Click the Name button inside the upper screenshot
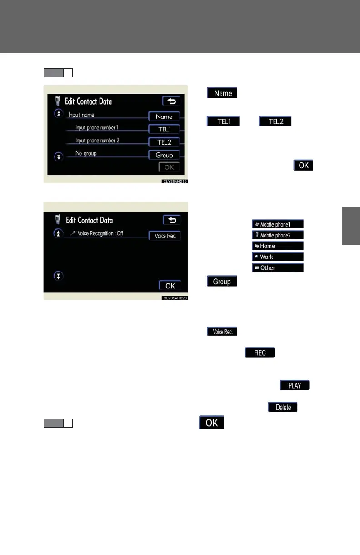(x=164, y=116)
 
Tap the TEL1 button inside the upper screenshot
(x=164, y=129)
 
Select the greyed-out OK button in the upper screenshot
(x=169, y=167)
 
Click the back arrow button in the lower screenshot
(x=172, y=220)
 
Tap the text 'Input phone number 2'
(x=97, y=140)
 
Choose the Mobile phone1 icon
(x=277, y=224)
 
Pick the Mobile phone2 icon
(x=277, y=235)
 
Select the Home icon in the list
(x=277, y=246)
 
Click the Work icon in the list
(x=277, y=257)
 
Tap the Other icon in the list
(x=277, y=268)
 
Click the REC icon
(x=260, y=353)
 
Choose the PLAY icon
(x=295, y=385)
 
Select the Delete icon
(x=283, y=407)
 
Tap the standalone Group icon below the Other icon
(x=222, y=282)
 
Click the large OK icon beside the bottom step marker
(x=211, y=423)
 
